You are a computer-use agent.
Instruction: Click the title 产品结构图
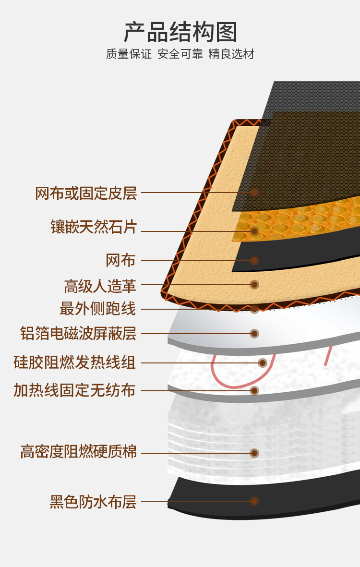point(180,32)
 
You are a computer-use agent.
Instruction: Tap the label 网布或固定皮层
point(86,193)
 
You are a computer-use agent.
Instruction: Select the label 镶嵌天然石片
point(94,227)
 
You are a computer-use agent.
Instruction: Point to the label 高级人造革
point(100,287)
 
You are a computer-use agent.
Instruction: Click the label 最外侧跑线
point(97,309)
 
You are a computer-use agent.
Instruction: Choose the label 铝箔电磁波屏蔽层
point(78,333)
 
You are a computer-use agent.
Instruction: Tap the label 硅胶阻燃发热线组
point(74,362)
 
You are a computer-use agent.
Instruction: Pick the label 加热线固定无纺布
point(74,390)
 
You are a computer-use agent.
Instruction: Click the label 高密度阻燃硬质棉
point(78,452)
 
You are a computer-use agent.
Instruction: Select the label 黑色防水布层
point(93,502)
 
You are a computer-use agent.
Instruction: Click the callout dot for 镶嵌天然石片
point(254,231)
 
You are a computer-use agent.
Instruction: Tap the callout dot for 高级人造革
point(254,285)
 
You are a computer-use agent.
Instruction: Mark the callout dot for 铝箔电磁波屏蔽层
point(254,333)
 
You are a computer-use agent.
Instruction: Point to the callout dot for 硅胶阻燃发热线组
point(263,362)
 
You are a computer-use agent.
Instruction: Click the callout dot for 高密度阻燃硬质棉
point(254,453)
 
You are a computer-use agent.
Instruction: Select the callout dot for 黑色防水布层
point(254,501)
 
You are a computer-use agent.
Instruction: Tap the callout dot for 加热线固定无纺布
point(254,390)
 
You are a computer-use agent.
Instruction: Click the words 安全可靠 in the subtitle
point(180,54)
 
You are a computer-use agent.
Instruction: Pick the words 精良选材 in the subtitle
point(231,54)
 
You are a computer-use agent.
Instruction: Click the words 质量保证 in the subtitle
point(129,54)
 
